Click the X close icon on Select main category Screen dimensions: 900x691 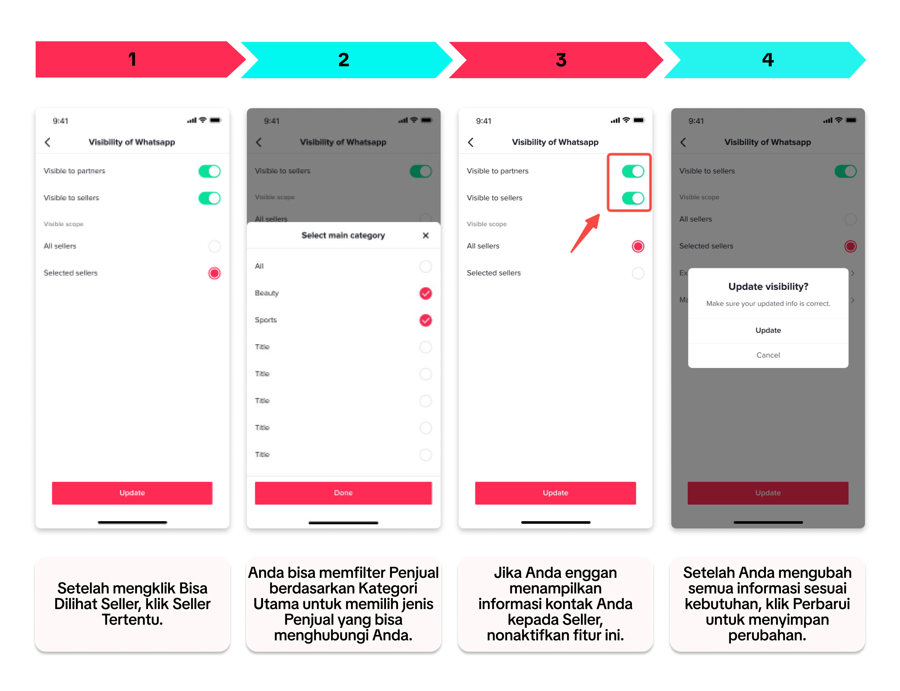click(426, 235)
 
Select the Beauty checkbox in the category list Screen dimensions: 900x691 click(426, 293)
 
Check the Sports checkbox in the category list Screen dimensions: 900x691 click(426, 320)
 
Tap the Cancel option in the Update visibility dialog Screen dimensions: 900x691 click(767, 355)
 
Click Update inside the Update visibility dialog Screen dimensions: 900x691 click(767, 330)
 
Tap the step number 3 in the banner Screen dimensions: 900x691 click(561, 60)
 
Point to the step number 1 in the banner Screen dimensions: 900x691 click(132, 59)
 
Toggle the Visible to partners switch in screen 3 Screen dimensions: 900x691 click(633, 171)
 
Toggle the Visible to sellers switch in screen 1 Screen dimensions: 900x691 click(209, 198)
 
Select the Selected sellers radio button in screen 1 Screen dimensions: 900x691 click(214, 273)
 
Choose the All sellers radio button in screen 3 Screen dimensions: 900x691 click(638, 246)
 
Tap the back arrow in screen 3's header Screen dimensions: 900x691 click(471, 142)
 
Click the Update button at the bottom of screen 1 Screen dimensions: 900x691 click(132, 492)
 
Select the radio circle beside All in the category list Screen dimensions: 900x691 click(426, 266)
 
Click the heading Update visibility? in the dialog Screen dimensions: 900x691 click(767, 287)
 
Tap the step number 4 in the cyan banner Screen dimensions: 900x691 click(767, 60)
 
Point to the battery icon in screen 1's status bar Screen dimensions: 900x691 click(215, 120)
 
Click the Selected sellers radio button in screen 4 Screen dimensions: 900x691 click(850, 246)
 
